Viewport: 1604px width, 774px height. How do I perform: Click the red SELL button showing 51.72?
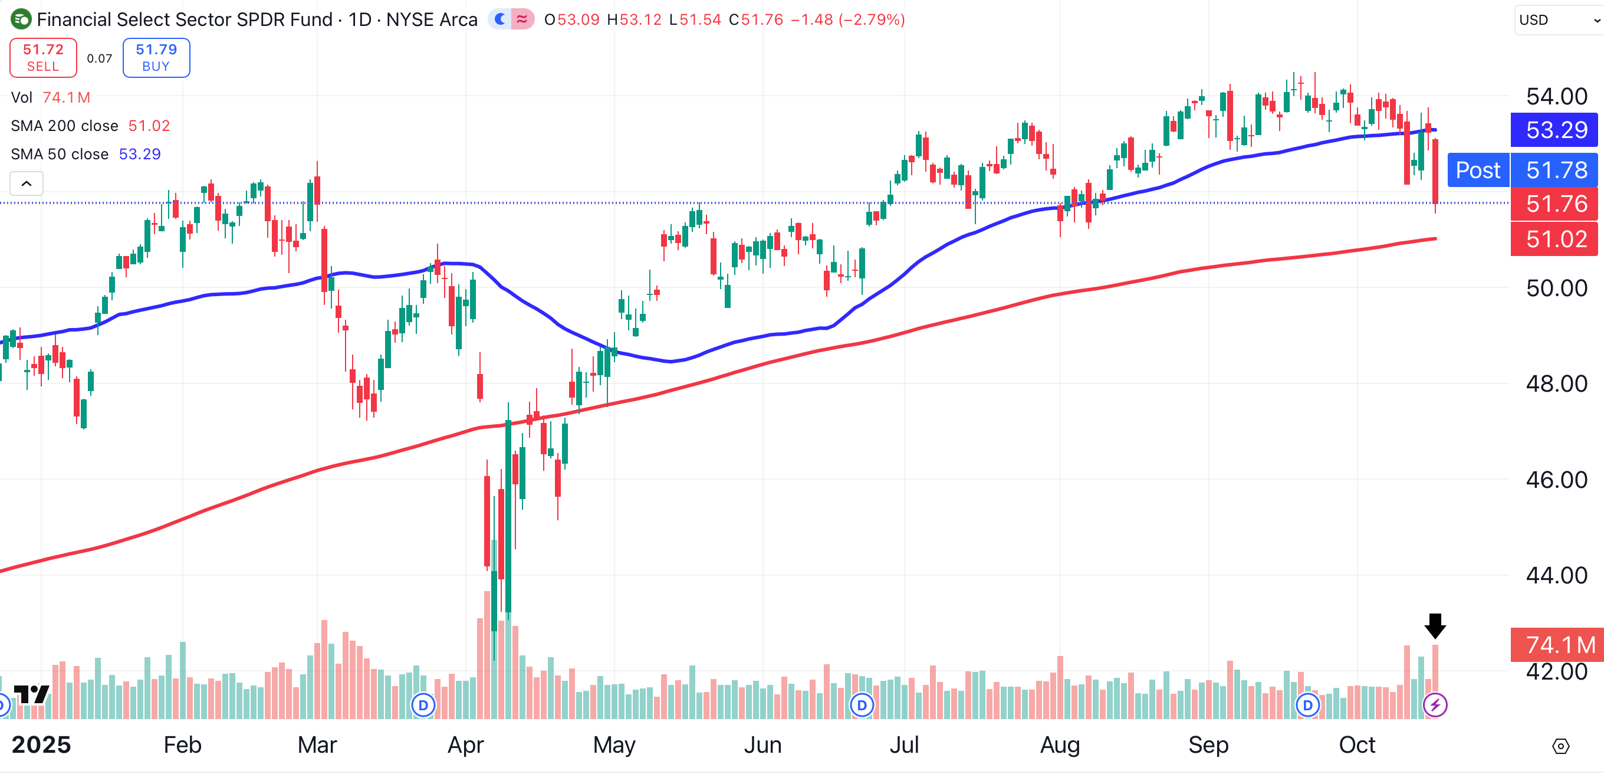coord(43,57)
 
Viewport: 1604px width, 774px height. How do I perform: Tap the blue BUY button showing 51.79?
coord(156,57)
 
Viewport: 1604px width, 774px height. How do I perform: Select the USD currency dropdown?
coord(1557,20)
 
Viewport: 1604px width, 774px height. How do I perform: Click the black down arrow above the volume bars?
coord(1435,625)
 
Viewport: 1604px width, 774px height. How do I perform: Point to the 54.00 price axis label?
coord(1556,97)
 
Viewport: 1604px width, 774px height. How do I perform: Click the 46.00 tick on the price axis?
coord(1556,480)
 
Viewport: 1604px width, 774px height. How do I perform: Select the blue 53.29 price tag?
coord(1555,130)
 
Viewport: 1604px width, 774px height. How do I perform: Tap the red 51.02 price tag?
coord(1555,238)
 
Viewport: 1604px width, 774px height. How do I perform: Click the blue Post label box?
coord(1478,170)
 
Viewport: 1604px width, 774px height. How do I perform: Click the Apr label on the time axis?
coord(465,745)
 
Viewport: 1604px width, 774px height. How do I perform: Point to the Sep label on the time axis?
coord(1208,745)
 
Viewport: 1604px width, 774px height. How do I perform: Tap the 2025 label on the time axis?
coord(41,745)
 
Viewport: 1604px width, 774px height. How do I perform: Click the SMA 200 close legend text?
coord(64,126)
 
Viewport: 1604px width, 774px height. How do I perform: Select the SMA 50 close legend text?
coord(60,154)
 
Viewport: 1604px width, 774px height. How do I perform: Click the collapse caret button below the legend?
coord(26,183)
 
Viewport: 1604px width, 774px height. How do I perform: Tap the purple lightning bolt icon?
coord(1435,705)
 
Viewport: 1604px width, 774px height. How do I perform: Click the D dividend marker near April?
coord(423,705)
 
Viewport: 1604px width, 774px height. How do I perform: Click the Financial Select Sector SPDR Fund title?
coord(185,20)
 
